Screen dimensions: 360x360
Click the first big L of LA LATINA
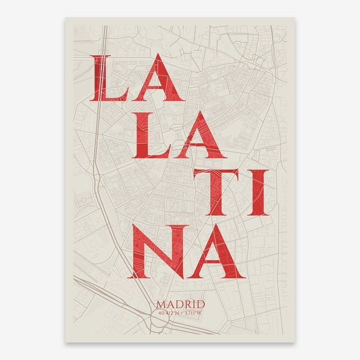(x=109, y=79)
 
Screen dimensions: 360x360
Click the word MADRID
(x=180, y=304)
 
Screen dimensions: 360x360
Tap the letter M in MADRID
(x=161, y=304)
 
